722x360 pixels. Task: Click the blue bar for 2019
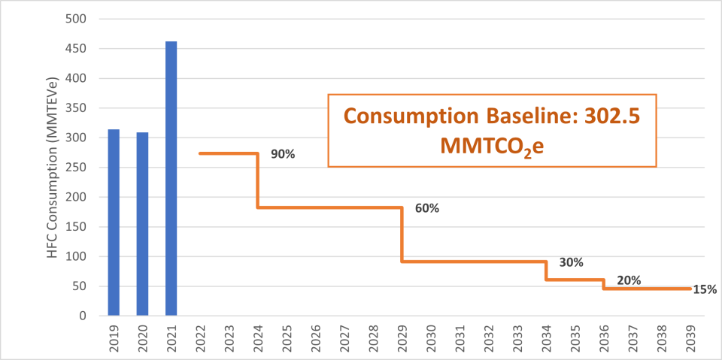pyautogui.click(x=114, y=222)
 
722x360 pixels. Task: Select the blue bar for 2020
pyautogui.click(x=142, y=224)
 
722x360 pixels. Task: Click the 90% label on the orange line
pyautogui.click(x=283, y=154)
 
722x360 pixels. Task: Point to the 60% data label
pyautogui.click(x=426, y=208)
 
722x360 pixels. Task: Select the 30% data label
pyautogui.click(x=572, y=262)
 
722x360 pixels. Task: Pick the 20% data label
pyautogui.click(x=629, y=280)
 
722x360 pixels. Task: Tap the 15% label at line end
pyautogui.click(x=705, y=289)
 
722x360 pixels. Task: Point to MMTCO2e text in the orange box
pyautogui.click(x=492, y=145)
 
